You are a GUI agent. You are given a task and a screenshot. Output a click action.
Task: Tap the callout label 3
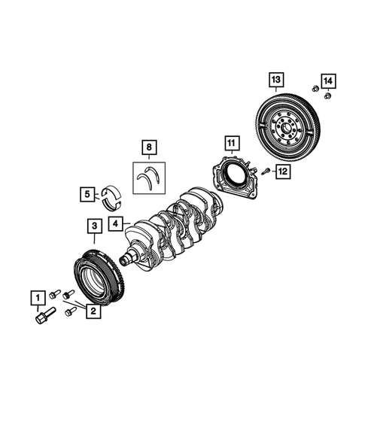93,225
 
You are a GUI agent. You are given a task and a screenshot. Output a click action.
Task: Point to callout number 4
114,223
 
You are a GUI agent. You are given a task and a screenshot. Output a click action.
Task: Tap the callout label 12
282,172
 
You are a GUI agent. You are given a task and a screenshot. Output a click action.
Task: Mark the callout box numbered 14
327,80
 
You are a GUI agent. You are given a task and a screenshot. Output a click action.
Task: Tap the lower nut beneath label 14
327,96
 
